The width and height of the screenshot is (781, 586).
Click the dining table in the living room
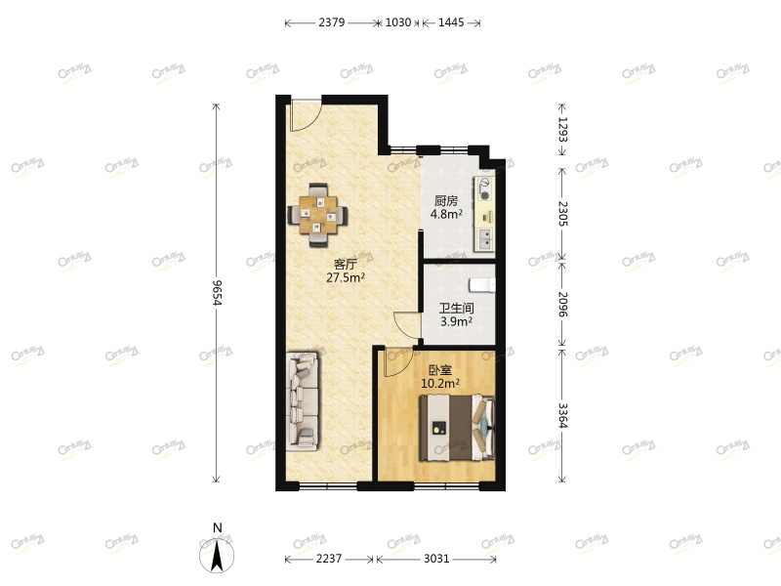(319, 212)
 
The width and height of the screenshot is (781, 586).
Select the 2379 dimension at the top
(331, 22)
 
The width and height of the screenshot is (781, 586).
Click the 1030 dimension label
(398, 22)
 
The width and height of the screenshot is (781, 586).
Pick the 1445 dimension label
(451, 22)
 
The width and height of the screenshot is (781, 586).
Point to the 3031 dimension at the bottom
(436, 559)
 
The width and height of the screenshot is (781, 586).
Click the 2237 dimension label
(329, 559)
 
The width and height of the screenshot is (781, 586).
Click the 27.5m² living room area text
(346, 277)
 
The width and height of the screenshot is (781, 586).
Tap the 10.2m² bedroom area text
(439, 383)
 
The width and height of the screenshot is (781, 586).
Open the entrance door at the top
(303, 112)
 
